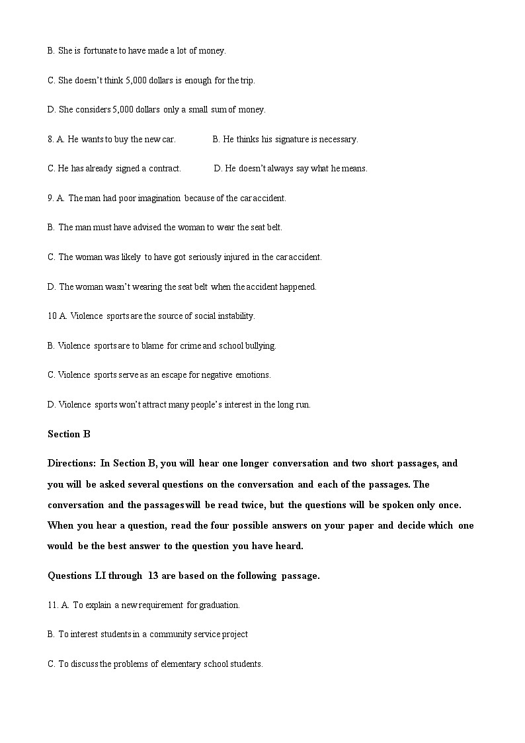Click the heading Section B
pyautogui.click(x=69, y=434)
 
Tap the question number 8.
pyautogui.click(x=50, y=139)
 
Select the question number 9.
pyautogui.click(x=50, y=198)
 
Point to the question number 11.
pyautogui.click(x=52, y=605)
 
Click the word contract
pyautogui.click(x=164, y=169)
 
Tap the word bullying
pyautogui.click(x=259, y=345)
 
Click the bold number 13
pyautogui.click(x=153, y=576)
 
